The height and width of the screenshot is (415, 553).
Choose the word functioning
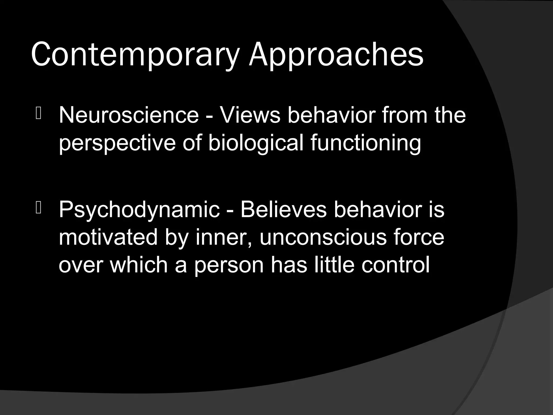pos(366,143)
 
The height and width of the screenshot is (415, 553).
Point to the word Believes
pos(283,209)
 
